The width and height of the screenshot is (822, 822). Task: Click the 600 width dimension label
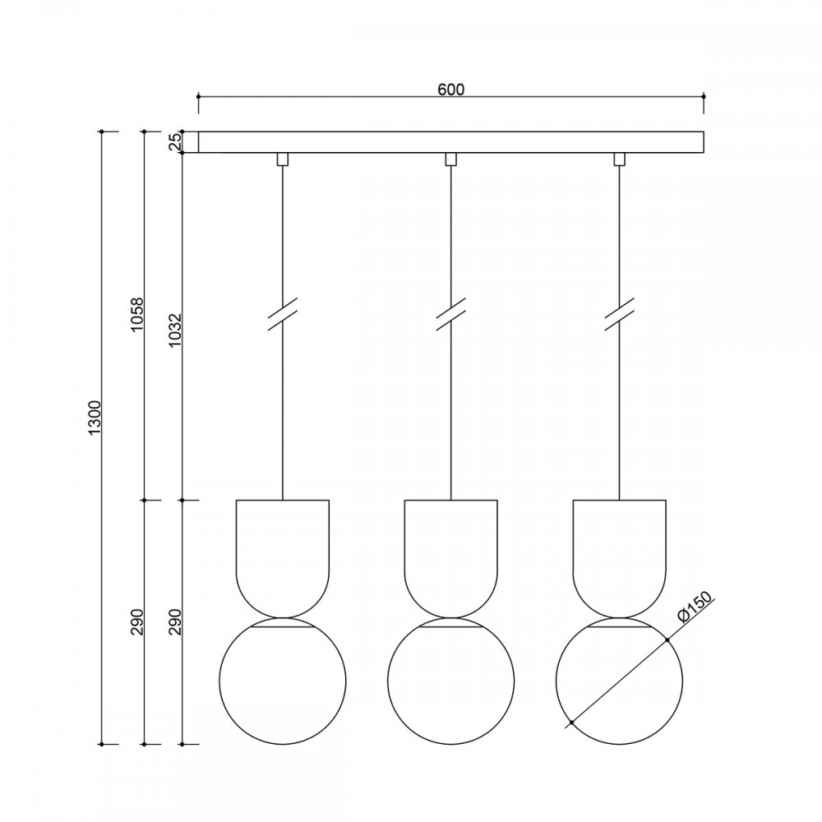pos(450,90)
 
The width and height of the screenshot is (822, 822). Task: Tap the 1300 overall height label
pos(95,418)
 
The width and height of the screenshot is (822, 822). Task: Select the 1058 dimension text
pos(136,315)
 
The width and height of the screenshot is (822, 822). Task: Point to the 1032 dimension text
pos(174,330)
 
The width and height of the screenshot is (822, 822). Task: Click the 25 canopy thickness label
pos(174,142)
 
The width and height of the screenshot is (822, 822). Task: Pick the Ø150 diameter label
pos(696,607)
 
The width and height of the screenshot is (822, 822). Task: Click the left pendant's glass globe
pos(219,681)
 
